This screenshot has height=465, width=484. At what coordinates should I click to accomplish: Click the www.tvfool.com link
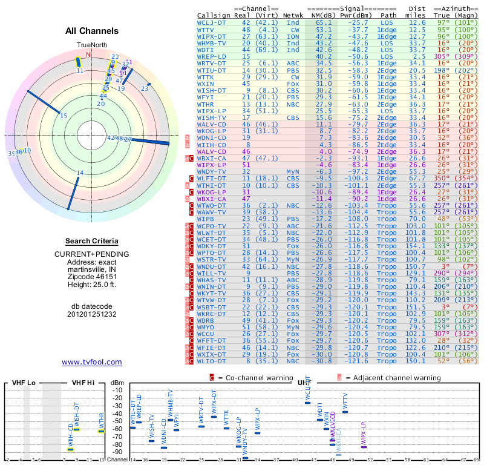click(x=92, y=362)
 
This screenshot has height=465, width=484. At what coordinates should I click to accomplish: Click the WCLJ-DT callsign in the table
click(x=212, y=22)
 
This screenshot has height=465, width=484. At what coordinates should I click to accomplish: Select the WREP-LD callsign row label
click(x=212, y=56)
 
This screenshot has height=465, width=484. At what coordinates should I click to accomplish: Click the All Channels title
click(x=92, y=31)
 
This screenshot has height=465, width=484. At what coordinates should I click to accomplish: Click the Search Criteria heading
click(x=92, y=241)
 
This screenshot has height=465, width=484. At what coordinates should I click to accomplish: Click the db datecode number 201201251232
click(x=92, y=314)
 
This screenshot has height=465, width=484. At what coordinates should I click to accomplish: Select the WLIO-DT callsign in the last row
click(x=212, y=361)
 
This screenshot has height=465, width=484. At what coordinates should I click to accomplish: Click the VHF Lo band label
click(x=22, y=383)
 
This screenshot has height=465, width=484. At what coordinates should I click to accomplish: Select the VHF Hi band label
click(x=83, y=383)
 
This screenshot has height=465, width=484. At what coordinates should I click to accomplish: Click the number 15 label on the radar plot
click(x=64, y=115)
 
